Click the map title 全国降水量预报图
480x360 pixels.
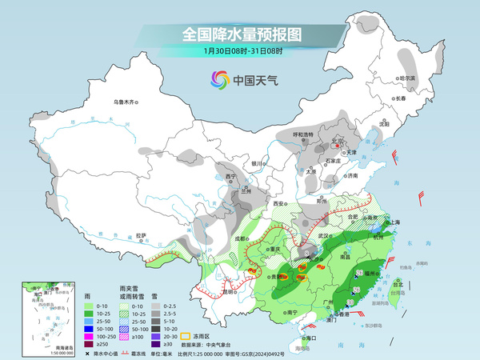tap(241, 34)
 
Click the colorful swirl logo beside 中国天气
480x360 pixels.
tap(218, 80)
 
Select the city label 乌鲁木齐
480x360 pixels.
tap(126, 102)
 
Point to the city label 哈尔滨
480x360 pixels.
tap(408, 78)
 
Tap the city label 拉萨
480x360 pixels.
tap(142, 235)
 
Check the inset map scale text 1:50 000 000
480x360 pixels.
tap(35, 353)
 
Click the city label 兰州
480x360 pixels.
tap(247, 192)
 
